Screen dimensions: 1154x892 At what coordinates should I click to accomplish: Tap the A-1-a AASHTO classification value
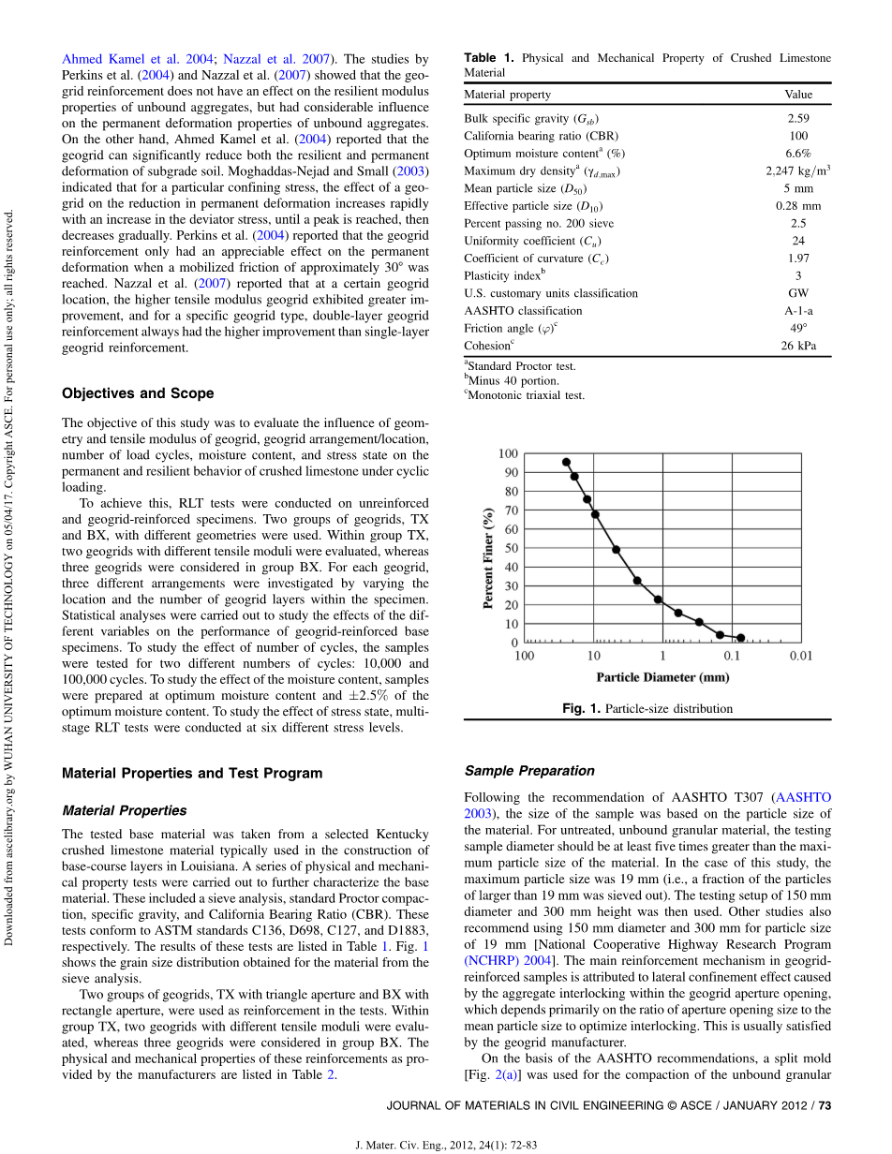[798, 311]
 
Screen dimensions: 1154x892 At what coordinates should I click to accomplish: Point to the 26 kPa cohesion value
[798, 346]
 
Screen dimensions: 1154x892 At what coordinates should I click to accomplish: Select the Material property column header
[507, 95]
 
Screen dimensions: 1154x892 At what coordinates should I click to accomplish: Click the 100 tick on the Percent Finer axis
[507, 454]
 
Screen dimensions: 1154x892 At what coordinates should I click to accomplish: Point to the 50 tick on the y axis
[511, 549]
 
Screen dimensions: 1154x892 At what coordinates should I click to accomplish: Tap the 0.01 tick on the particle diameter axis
[800, 656]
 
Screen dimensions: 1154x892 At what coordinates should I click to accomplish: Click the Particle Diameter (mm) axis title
[662, 676]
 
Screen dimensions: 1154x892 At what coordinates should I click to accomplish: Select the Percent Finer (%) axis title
[488, 558]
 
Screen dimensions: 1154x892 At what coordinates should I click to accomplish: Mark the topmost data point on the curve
[566, 462]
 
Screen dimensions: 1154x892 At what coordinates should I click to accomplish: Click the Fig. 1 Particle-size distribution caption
[647, 709]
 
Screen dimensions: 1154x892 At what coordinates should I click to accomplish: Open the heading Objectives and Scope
[138, 393]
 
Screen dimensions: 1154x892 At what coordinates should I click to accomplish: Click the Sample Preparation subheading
[529, 771]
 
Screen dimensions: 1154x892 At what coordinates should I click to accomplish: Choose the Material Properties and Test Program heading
[192, 774]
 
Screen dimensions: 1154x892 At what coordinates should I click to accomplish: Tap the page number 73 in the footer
[825, 1106]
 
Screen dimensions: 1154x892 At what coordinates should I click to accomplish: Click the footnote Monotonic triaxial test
[526, 396]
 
